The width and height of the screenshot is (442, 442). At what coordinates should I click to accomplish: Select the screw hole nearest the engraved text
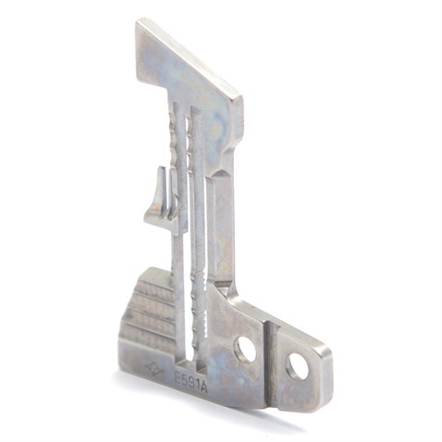(245, 349)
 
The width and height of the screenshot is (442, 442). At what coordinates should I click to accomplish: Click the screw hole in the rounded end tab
(297, 367)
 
